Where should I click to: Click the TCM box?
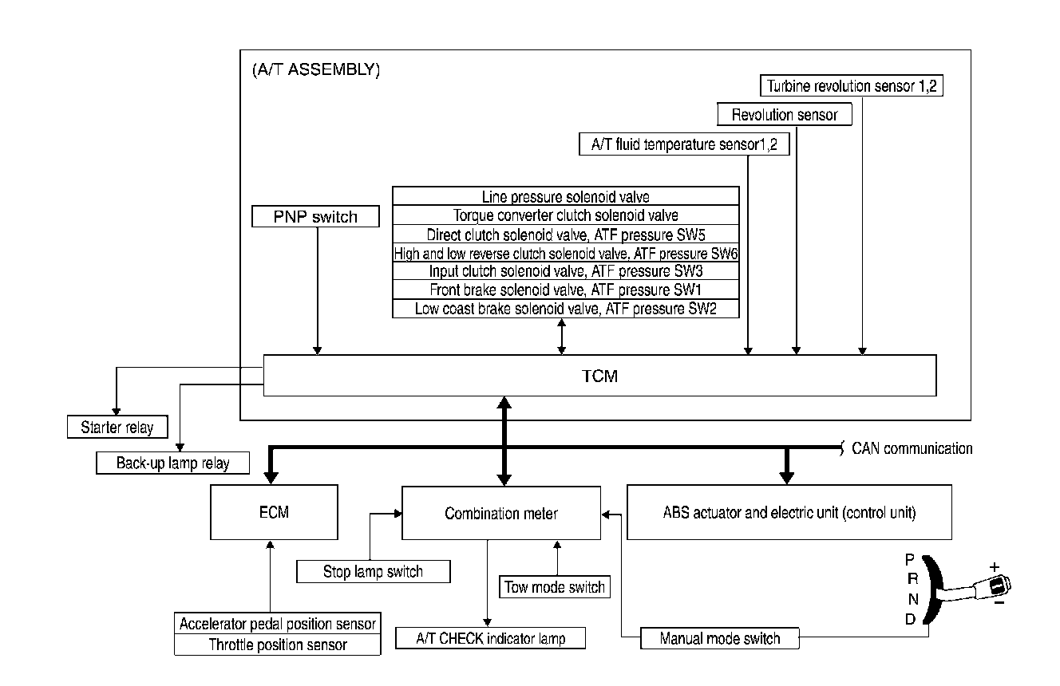[599, 376]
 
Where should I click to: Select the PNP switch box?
[315, 216]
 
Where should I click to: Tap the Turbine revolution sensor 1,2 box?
[852, 86]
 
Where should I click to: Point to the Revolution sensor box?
[785, 115]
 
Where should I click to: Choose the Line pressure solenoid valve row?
[565, 196]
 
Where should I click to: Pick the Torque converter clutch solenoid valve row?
[565, 215]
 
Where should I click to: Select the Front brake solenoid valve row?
[565, 290]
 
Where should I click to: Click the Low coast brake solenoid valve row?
[565, 309]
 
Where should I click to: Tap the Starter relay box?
[117, 428]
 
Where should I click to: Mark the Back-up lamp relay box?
[172, 463]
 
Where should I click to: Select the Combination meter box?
[501, 513]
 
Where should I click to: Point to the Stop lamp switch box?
[373, 571]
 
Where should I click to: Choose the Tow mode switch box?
[555, 588]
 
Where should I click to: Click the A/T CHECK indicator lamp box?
[491, 639]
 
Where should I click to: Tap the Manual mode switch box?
[720, 638]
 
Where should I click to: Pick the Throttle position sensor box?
[278, 645]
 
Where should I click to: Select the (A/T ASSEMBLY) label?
[315, 70]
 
